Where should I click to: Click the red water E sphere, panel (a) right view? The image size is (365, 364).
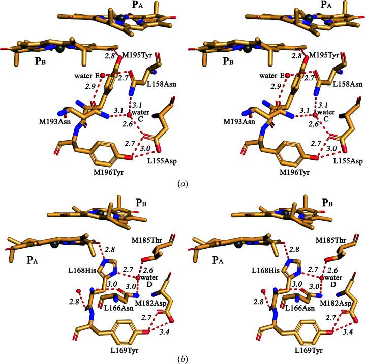(x=287, y=76)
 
